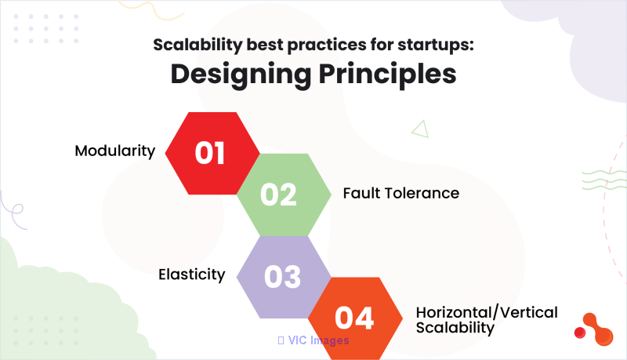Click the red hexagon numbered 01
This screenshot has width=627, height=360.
click(212, 153)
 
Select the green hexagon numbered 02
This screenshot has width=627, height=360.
click(284, 195)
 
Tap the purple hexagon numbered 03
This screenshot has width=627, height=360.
click(284, 277)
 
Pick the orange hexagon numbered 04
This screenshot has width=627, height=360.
click(355, 318)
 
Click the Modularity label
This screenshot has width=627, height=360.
click(114, 151)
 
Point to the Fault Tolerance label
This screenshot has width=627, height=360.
click(401, 193)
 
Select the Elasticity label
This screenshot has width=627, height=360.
click(191, 275)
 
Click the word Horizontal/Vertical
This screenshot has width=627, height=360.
click(487, 312)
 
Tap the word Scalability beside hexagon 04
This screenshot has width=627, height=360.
click(455, 328)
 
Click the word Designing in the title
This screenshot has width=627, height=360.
click(241, 75)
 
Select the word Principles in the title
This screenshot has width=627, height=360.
click(387, 75)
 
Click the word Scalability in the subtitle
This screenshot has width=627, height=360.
click(198, 45)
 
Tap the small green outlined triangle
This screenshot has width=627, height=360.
click(421, 129)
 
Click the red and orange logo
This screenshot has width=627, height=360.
click(595, 329)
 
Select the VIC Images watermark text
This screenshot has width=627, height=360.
click(313, 340)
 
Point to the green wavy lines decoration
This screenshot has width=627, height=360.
click(603, 180)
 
